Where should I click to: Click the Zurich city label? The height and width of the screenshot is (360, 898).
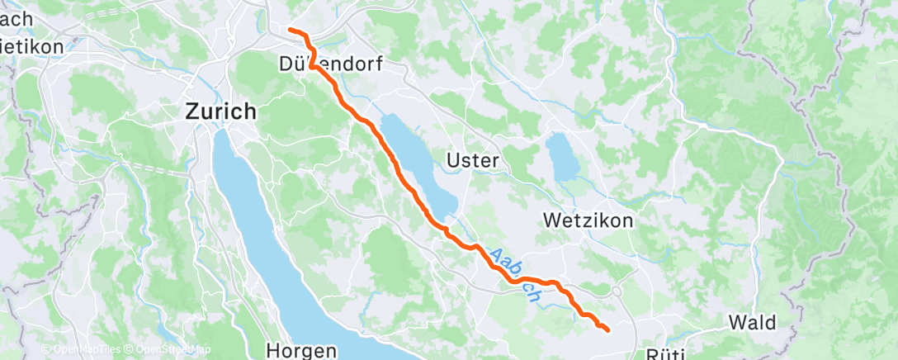220,111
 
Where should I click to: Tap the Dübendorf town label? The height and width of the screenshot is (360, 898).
330,64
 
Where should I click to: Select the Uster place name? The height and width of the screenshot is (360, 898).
471,161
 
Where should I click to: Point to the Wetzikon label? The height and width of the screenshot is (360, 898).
588,221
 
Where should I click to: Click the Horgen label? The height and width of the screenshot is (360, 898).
301,351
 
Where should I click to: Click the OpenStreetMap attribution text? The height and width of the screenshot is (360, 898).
169,350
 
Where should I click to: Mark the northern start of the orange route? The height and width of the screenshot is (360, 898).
290,31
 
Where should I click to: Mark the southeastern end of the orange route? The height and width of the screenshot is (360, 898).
607,330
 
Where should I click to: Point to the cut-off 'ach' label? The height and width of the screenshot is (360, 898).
17,18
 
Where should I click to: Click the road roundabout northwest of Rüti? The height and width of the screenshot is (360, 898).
617,291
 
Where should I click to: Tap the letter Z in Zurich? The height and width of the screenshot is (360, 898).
192,111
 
